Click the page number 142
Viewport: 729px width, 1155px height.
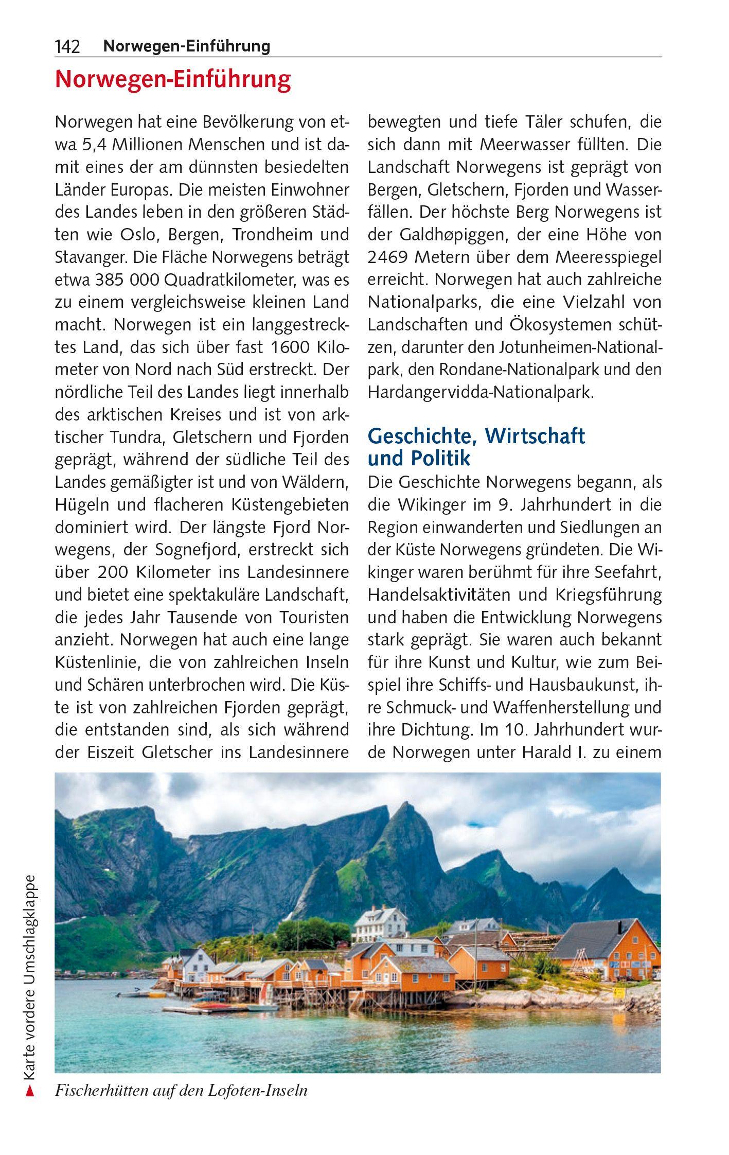point(67,47)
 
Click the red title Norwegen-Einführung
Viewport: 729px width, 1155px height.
point(173,80)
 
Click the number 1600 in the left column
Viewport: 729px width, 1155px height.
point(290,347)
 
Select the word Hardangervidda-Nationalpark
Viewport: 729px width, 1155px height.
point(481,393)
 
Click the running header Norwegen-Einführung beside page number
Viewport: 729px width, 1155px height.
point(186,47)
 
